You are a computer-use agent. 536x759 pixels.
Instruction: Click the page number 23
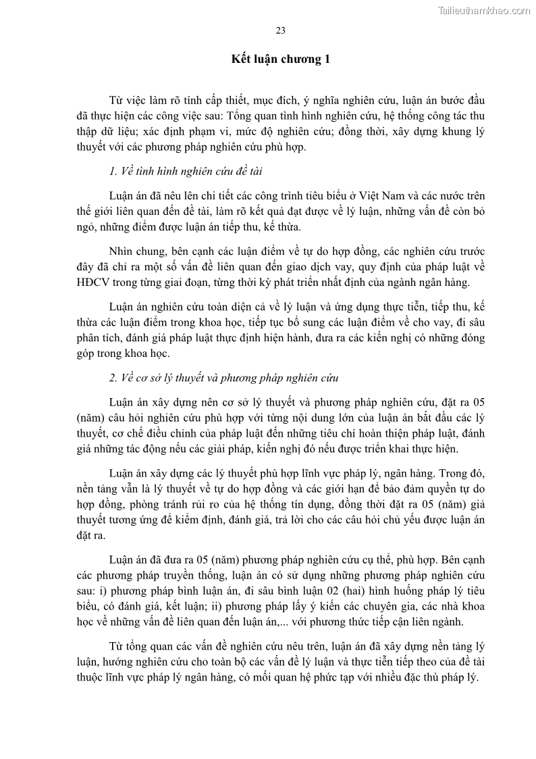281,30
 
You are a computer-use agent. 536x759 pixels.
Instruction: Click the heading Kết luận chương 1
281,59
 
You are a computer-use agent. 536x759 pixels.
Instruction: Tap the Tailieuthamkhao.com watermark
485,10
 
